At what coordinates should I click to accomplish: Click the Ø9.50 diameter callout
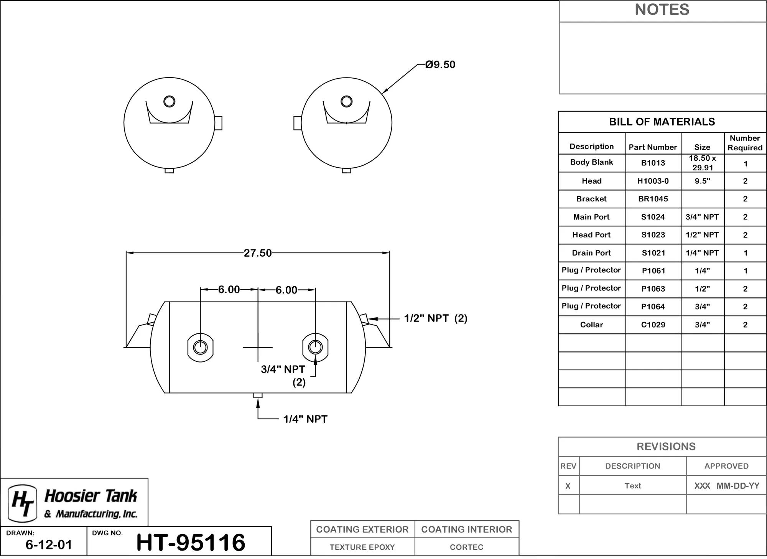[x=440, y=64]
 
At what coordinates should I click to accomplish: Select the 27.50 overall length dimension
[x=258, y=253]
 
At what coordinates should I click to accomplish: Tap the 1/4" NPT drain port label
[x=305, y=419]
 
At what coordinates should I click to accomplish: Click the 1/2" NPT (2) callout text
[x=436, y=318]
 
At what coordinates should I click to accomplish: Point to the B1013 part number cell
[x=653, y=163]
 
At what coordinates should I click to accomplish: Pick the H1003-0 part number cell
[x=653, y=181]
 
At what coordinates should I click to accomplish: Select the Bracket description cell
[x=591, y=199]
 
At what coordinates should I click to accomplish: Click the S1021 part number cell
[x=653, y=253]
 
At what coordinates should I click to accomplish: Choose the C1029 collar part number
[x=653, y=325]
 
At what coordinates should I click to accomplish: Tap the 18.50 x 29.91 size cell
[x=703, y=163]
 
